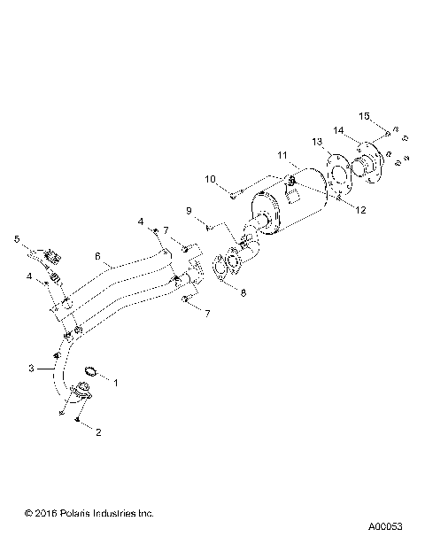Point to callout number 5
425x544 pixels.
pos(16,238)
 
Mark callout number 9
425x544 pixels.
pos(189,211)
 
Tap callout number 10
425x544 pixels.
pos(211,180)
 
